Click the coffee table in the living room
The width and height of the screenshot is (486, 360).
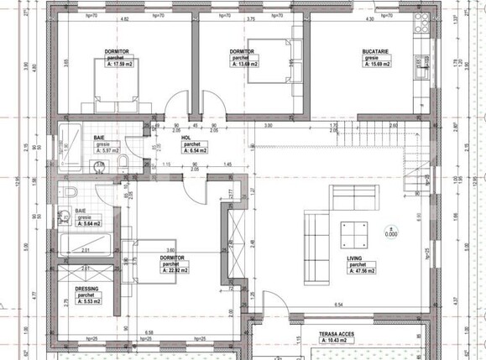352,227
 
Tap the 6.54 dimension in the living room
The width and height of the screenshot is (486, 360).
338,304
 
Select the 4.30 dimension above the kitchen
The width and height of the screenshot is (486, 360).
368,18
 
